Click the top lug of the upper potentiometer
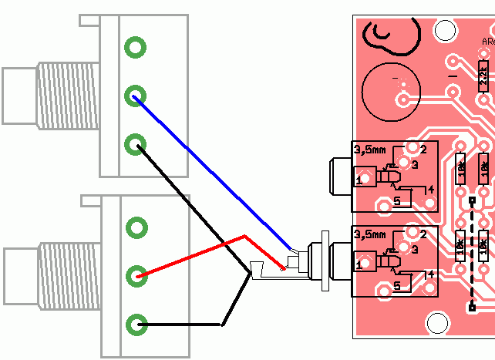[x=136, y=47]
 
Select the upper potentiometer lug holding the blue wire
[x=136, y=96]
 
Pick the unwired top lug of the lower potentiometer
[x=137, y=227]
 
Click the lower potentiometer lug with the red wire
[x=137, y=275]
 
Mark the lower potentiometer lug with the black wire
[x=137, y=324]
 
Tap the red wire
[x=193, y=254]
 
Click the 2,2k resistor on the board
[x=483, y=76]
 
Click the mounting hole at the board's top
[x=444, y=31]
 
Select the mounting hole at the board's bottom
[x=437, y=323]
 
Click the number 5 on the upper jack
[x=398, y=201]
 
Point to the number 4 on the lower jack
[x=431, y=274]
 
